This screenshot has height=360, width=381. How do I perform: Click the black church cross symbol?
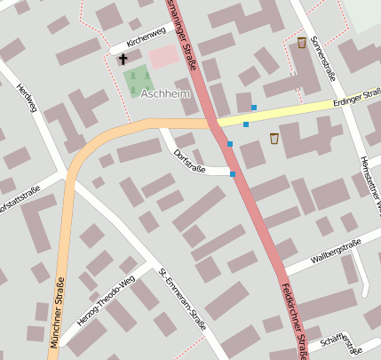click(x=123, y=60)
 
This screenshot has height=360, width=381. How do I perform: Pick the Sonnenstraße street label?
click(x=323, y=52)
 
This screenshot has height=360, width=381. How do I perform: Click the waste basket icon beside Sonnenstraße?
click(x=301, y=43)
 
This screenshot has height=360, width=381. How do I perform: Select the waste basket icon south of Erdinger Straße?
click(x=274, y=138)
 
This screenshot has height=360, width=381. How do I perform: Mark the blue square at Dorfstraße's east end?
click(x=233, y=174)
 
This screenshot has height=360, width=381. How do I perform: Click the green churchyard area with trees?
click(x=136, y=81)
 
